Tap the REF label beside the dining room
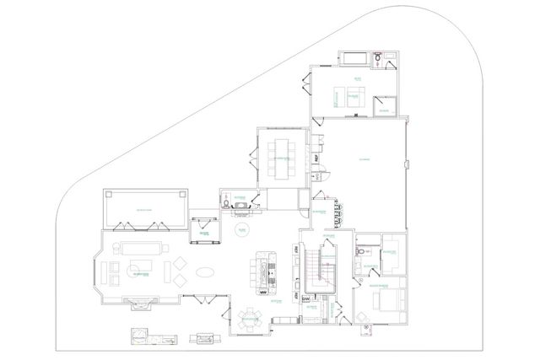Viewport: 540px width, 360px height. (316, 158)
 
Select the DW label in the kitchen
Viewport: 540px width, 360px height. (305, 298)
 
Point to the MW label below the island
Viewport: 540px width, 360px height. (263, 293)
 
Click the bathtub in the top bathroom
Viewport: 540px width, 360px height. (354, 58)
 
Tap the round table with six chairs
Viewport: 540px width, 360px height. (248, 319)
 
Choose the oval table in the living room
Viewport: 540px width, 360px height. (206, 272)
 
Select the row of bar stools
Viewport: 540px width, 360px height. (341, 214)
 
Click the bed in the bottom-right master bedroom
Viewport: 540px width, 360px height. (387, 309)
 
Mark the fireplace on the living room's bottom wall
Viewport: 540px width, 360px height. (139, 301)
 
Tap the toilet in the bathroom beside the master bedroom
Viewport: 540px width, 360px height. (360, 253)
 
